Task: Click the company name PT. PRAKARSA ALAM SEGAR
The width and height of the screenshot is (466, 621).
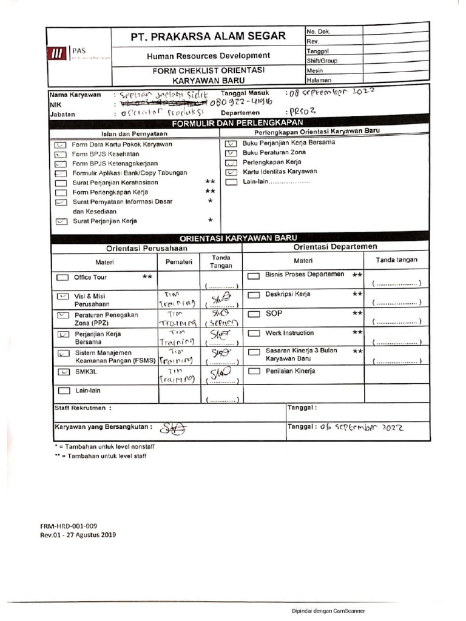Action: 208,36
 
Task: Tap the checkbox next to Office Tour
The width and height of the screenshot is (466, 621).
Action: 62,277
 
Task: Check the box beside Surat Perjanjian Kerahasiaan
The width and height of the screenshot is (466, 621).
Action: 61,183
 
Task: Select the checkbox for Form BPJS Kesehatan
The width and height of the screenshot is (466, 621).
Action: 61,154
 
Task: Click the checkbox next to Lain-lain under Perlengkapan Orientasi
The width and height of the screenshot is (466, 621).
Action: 231,181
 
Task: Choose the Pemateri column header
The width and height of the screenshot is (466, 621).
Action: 179,262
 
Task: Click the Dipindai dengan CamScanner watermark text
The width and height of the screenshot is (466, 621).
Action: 328,611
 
